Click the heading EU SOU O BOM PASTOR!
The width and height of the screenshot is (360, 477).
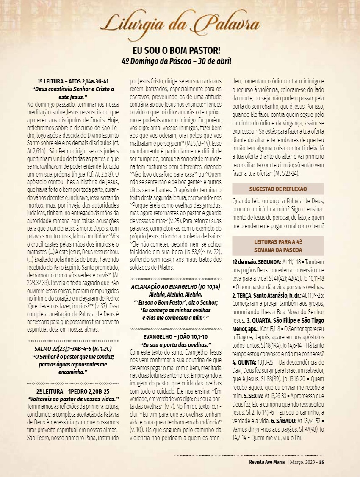(x=177, y=50)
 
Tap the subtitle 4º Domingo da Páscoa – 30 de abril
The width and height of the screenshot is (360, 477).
(x=177, y=61)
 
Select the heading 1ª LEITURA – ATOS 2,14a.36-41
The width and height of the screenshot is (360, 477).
(x=73, y=81)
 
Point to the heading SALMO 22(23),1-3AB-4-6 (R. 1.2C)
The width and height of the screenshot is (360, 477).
(x=73, y=348)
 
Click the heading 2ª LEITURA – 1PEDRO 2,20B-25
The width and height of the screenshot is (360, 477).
(x=73, y=391)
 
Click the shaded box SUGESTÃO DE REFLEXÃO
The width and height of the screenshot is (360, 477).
(x=278, y=189)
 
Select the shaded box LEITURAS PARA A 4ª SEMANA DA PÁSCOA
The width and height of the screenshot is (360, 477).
(x=278, y=246)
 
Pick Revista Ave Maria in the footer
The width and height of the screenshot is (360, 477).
(x=267, y=462)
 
